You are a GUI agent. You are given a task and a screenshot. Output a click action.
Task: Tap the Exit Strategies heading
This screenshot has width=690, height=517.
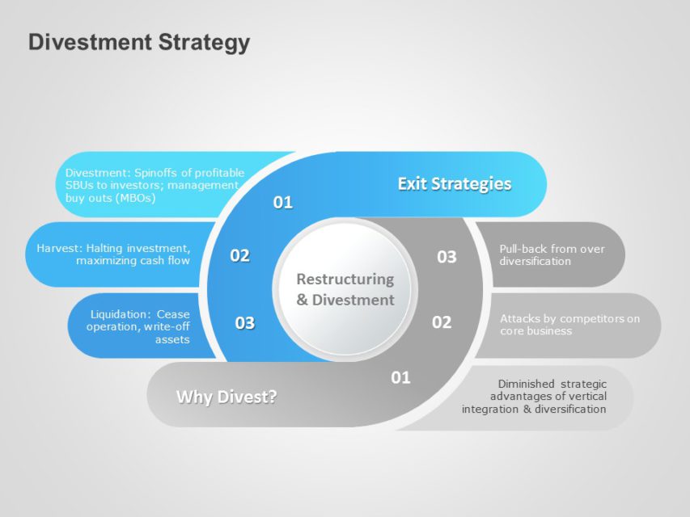(454, 184)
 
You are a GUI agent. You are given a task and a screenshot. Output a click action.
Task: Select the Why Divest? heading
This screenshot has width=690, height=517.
(226, 397)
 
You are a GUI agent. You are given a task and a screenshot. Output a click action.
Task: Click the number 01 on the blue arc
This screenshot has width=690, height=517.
(282, 203)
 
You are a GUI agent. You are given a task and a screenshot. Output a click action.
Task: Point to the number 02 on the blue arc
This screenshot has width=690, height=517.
(239, 256)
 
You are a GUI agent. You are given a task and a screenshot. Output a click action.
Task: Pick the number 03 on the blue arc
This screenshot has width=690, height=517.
(244, 323)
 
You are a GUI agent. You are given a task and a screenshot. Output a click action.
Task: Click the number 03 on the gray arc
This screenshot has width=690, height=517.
(447, 257)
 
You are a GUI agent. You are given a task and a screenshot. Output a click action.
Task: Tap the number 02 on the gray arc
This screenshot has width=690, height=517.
(441, 322)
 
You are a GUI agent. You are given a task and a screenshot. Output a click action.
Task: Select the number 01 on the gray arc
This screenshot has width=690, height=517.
(400, 377)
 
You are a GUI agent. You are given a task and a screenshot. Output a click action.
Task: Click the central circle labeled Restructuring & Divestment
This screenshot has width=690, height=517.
(345, 289)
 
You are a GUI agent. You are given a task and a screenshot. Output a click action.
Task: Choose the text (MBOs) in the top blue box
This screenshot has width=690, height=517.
(134, 198)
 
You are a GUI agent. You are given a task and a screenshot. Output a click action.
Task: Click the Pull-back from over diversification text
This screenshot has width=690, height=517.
(551, 254)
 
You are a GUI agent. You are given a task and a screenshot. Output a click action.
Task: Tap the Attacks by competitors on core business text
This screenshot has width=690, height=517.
(569, 325)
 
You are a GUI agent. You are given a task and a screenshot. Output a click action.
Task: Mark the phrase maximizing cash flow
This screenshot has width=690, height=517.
(133, 261)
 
